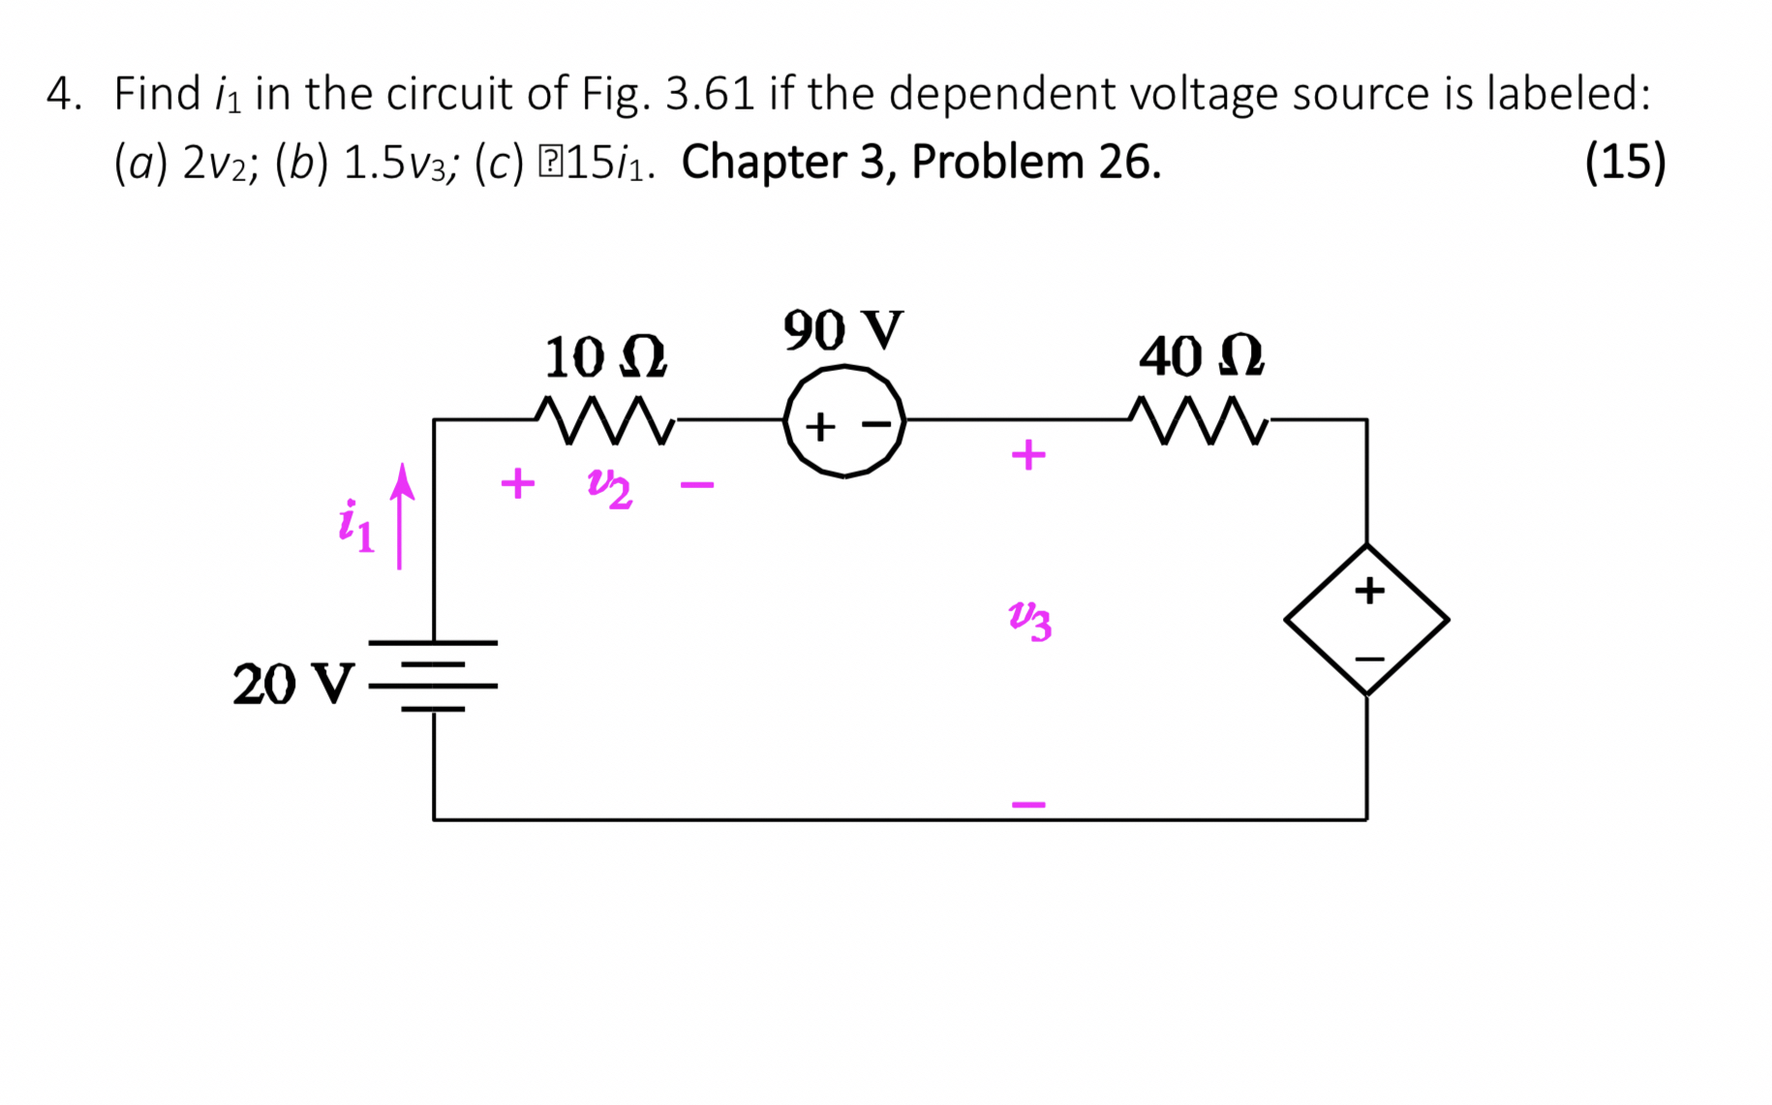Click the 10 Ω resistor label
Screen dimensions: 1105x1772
coord(605,357)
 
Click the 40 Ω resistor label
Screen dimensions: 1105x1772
coord(1201,356)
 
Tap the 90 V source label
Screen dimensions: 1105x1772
coord(842,330)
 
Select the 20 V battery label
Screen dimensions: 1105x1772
coord(293,685)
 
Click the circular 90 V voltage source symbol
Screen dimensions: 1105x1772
coord(844,422)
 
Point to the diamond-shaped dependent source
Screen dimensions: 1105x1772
coord(1366,620)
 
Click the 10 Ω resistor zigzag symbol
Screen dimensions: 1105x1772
coord(605,420)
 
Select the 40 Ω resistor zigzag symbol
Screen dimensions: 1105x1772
coord(1200,420)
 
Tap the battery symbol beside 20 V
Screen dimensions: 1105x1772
coord(433,676)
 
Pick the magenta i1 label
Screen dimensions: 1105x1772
coord(355,527)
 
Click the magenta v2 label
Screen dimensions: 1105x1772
coord(610,486)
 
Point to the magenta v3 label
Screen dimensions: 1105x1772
coord(1029,619)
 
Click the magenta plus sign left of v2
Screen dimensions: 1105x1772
coord(518,482)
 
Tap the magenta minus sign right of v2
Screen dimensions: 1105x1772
coord(697,484)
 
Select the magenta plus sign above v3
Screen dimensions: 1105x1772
coord(1028,454)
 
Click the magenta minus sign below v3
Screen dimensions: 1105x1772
coord(1028,804)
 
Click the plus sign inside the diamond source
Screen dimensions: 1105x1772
coord(1368,590)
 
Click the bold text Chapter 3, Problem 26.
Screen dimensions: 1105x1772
coord(921,162)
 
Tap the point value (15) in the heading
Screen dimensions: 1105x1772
coord(1625,162)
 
